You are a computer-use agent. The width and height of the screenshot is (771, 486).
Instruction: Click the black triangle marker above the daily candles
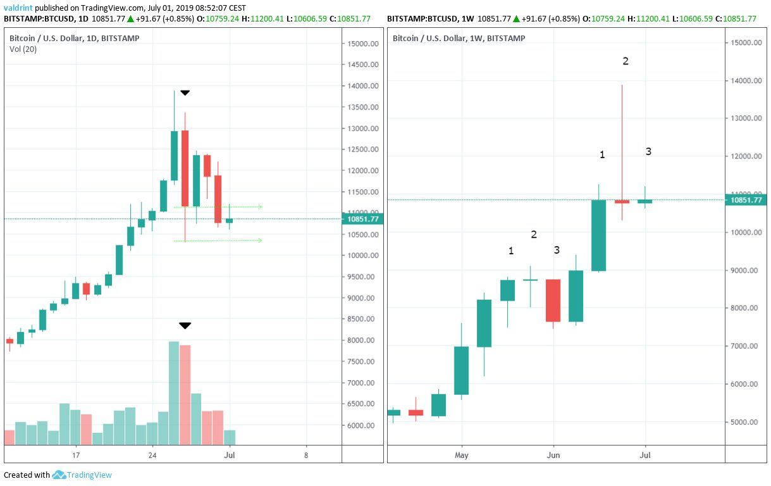click(x=185, y=93)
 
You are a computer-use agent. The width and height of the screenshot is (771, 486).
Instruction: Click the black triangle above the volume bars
click(x=185, y=326)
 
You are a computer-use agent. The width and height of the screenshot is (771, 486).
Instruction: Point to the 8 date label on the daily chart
click(x=306, y=456)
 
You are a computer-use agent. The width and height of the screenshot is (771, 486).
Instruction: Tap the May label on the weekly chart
click(x=461, y=455)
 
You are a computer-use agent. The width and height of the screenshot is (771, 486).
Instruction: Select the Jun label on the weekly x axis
click(x=553, y=455)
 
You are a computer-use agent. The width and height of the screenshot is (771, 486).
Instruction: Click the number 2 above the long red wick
click(x=626, y=61)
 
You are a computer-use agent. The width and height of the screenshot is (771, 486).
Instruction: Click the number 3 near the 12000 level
click(x=648, y=151)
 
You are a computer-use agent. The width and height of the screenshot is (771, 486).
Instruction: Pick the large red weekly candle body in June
click(x=553, y=301)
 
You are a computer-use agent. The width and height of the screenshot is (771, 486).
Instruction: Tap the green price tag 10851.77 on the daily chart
click(x=362, y=219)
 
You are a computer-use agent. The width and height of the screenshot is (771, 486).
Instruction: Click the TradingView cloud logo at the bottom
click(x=59, y=475)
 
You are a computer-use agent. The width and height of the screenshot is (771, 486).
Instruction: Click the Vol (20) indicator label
click(x=23, y=49)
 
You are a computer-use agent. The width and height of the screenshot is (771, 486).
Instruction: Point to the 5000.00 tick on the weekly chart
click(x=744, y=422)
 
